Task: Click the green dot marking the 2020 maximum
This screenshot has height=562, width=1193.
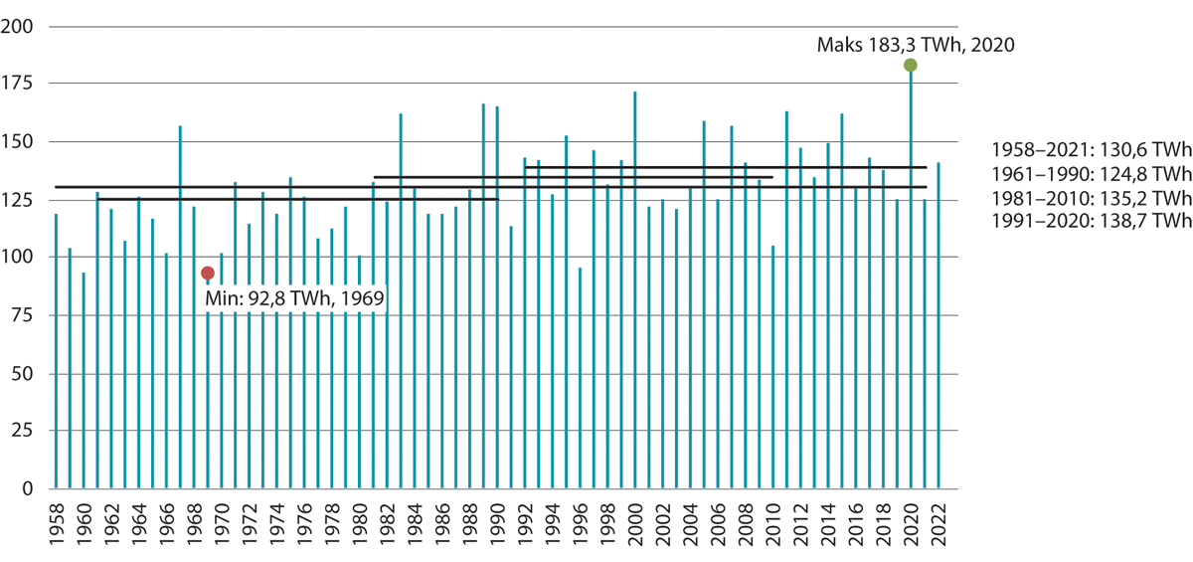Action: [910, 65]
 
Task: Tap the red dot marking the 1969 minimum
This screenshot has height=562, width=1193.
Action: [208, 273]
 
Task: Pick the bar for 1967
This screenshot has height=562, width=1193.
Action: [180, 307]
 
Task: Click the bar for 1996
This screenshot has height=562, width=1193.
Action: [580, 378]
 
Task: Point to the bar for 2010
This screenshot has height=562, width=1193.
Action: [772, 367]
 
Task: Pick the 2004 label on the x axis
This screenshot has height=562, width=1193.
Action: [690, 521]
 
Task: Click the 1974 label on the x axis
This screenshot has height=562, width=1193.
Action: [276, 521]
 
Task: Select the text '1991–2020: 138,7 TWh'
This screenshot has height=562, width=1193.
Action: [1091, 222]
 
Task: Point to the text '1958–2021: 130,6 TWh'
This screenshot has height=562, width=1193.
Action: [1091, 150]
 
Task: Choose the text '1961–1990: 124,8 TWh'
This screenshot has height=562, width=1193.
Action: [1091, 174]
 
